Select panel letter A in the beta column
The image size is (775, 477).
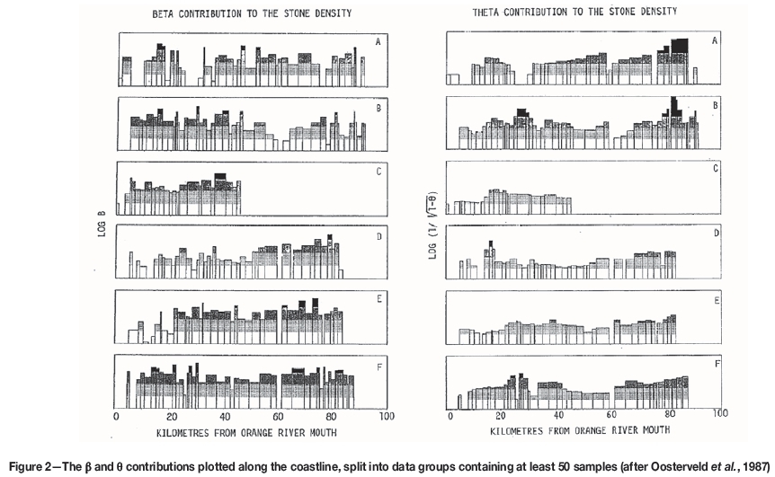377,40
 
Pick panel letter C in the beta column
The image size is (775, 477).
377,168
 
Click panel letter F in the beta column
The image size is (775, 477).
377,362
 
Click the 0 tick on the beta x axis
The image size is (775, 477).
117,419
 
